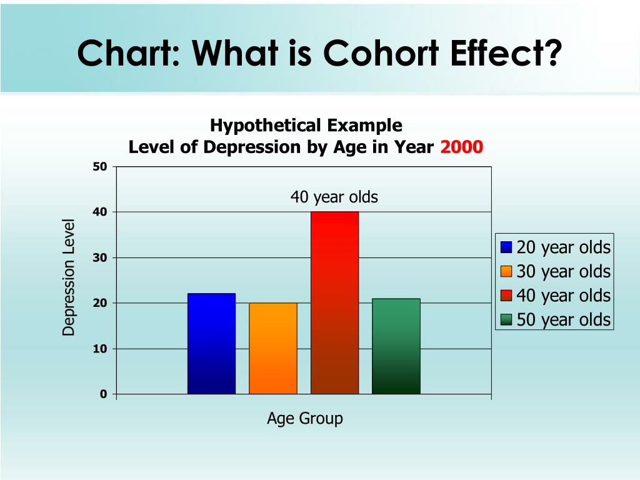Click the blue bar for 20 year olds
pos(211,344)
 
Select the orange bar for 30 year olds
pos(273,348)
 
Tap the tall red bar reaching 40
pos(334,303)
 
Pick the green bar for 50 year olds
pos(396,346)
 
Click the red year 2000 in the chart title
pos(461,147)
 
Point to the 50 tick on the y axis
pos(101,167)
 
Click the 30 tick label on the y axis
pos(101,257)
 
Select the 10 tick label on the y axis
pos(101,349)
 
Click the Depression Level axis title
pos(69,277)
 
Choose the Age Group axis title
pos(305,418)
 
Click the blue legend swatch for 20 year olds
pos(506,247)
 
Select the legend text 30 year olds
pos(563,272)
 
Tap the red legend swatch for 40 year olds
pos(506,296)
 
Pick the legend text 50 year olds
pos(563,320)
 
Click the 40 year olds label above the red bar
pos(334,197)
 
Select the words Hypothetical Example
pos(306,126)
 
